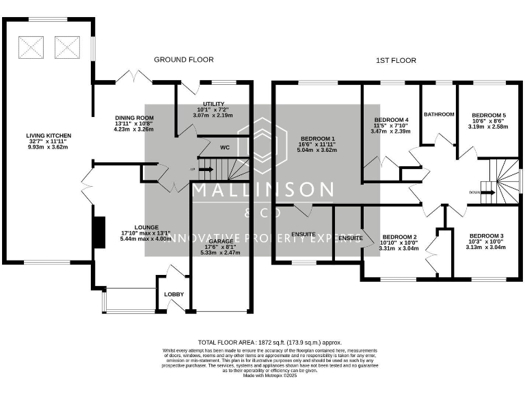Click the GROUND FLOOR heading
pos(183,60)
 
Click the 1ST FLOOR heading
pos(396,60)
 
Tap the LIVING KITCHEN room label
pos(49,136)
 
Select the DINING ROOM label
pos(133,118)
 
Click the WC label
pos(224,147)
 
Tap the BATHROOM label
pos(439,114)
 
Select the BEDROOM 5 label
pos(489,115)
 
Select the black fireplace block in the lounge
pos(99,227)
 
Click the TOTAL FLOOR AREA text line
pos(269,342)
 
